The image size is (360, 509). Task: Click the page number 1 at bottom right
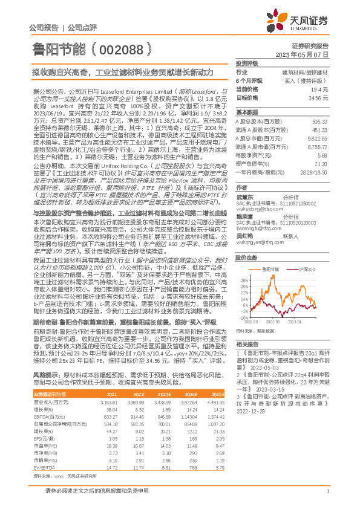(x=327, y=498)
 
